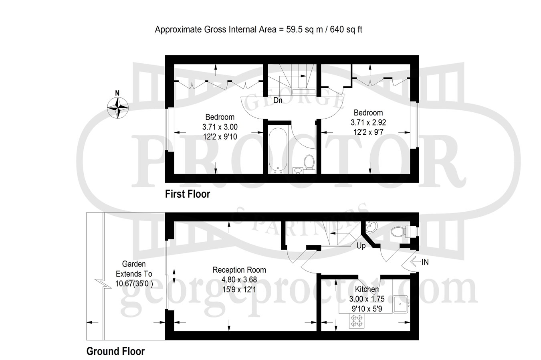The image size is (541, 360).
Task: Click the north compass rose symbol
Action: pos(118,108)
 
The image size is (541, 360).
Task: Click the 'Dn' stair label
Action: pos(278,100)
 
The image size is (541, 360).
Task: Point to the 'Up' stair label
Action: pos(361,246)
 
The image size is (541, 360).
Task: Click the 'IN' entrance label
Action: pos(425,262)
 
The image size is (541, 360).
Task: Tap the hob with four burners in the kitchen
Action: pos(357,321)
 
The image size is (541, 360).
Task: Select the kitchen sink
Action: pos(400,304)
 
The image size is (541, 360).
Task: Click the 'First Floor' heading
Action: pos(188,194)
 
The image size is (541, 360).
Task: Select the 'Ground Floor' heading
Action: pos(115,351)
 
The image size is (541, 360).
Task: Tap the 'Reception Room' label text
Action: pos(239,270)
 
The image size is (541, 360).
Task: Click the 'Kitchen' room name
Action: pos(367,289)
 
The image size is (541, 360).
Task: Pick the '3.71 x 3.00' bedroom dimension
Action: pos(220,127)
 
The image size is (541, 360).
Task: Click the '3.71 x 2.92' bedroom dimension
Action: pos(368,123)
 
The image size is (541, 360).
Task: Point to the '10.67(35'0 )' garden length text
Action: pos(134,284)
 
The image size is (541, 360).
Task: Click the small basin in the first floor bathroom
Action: pos(298,170)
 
